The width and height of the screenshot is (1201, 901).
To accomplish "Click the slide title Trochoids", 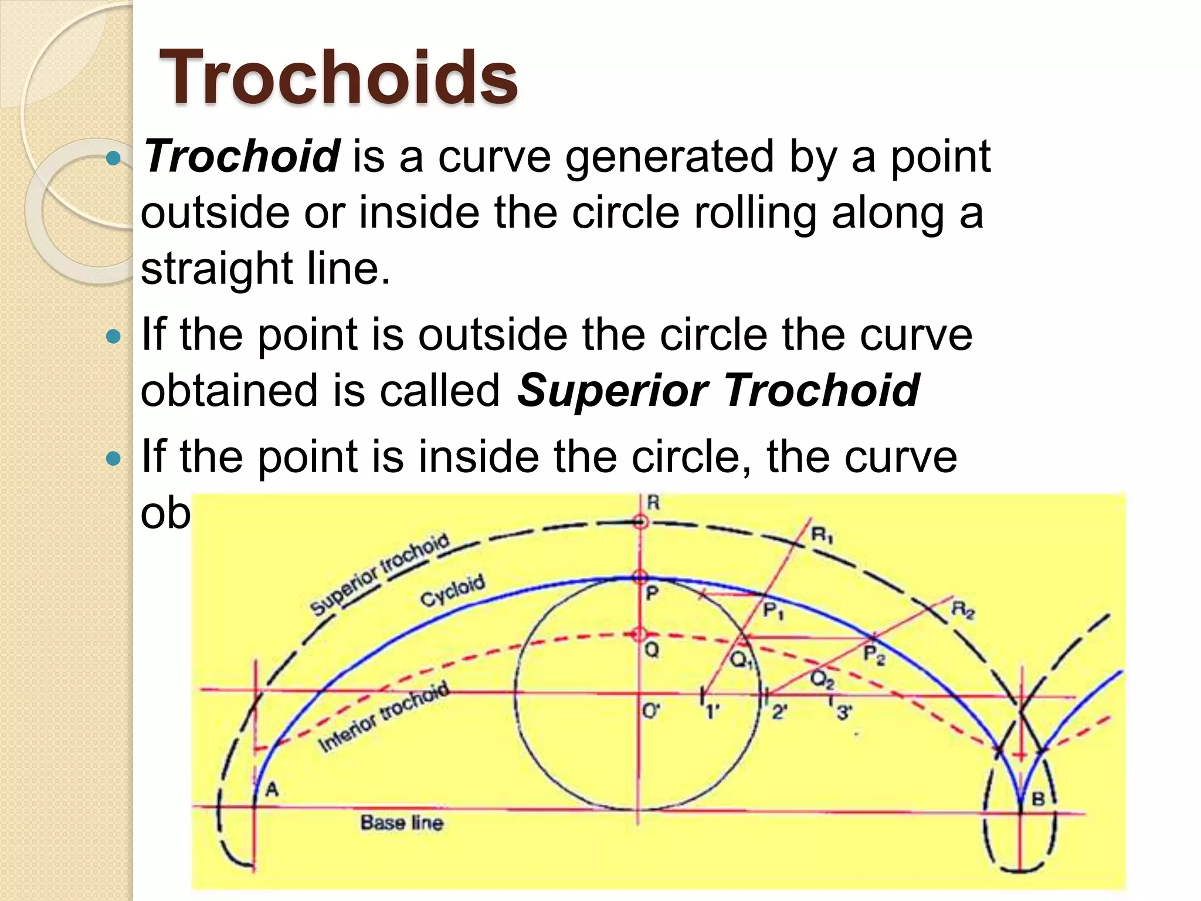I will [338, 77].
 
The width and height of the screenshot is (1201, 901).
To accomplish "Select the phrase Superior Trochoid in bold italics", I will [718, 391].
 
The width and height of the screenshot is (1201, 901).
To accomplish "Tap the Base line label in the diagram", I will [402, 823].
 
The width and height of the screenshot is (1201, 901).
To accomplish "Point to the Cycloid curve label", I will [453, 591].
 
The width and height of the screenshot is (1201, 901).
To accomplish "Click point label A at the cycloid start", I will [272, 790].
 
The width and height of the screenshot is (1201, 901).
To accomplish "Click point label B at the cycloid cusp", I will [1037, 799].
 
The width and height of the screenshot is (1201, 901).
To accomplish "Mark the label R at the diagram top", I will [653, 503].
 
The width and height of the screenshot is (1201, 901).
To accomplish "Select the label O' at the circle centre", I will [651, 712].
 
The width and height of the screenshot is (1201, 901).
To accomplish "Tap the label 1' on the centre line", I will [712, 712].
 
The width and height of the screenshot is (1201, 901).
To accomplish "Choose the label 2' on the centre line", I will [779, 712].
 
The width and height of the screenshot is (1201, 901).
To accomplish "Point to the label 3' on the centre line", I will [844, 713].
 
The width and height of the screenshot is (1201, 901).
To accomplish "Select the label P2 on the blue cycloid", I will [874, 655].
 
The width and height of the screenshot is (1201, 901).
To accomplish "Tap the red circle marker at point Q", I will [639, 634].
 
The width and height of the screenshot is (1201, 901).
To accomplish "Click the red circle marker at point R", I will [640, 521].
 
